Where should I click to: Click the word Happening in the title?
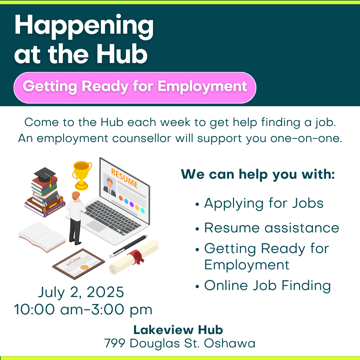pyautogui.click(x=84, y=26)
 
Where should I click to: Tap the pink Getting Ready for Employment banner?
pyautogui.click(x=135, y=87)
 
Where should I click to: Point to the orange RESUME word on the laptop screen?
pyautogui.click(x=125, y=178)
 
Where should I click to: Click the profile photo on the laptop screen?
pyautogui.click(x=110, y=185)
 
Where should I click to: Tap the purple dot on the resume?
pyautogui.click(x=132, y=204)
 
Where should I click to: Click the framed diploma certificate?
pyautogui.click(x=79, y=264)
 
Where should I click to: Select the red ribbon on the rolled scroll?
pyautogui.click(x=136, y=256)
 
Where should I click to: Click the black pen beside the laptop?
pyautogui.click(x=129, y=246)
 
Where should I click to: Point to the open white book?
pyautogui.click(x=42, y=237)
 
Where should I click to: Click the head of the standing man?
pyautogui.click(x=76, y=196)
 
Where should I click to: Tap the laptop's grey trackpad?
pyautogui.click(x=96, y=226)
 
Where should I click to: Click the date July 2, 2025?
pyautogui.click(x=81, y=293)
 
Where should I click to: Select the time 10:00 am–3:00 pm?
pyautogui.click(x=83, y=310)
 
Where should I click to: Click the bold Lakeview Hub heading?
pyautogui.click(x=178, y=330)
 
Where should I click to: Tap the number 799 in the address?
pyautogui.click(x=115, y=343)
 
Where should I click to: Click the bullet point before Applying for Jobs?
pyautogui.click(x=197, y=204)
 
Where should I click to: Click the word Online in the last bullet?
pyautogui.click(x=226, y=285)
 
